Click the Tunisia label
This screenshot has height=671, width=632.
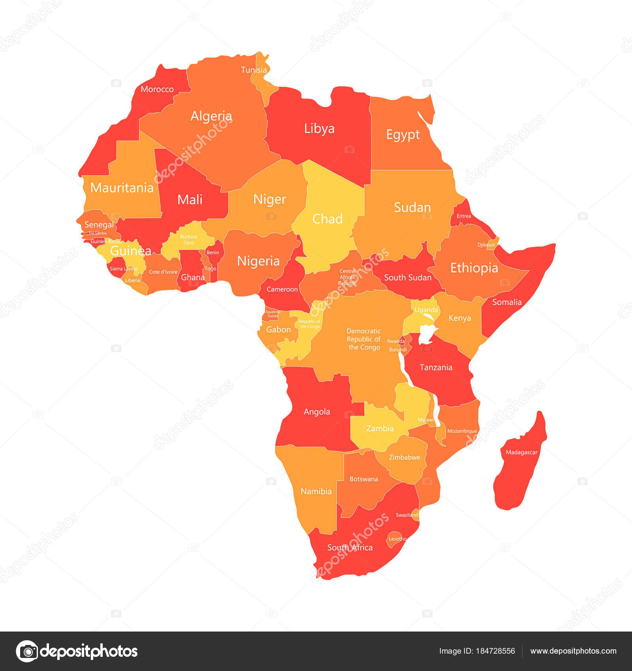click(x=254, y=70)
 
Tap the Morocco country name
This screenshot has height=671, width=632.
click(x=157, y=89)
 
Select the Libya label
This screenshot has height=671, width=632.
click(x=319, y=128)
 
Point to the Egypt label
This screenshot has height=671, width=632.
click(x=403, y=135)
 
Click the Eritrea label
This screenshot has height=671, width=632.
click(x=463, y=216)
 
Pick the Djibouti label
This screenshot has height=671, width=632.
click(x=486, y=245)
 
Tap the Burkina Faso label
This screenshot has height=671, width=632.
click(x=188, y=240)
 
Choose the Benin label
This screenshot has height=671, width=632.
click(x=213, y=253)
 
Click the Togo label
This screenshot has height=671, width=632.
click(x=210, y=268)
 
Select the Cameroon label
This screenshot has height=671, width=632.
click(x=282, y=289)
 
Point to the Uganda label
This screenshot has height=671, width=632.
click(x=426, y=310)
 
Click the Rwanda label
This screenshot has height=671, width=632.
click(x=395, y=341)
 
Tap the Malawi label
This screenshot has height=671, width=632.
click(x=425, y=420)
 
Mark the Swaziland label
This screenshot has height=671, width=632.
click(x=406, y=515)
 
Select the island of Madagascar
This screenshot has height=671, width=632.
click(x=520, y=462)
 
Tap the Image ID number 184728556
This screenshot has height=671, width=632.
click(x=497, y=651)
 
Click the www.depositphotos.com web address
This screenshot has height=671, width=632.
click(x=573, y=651)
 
